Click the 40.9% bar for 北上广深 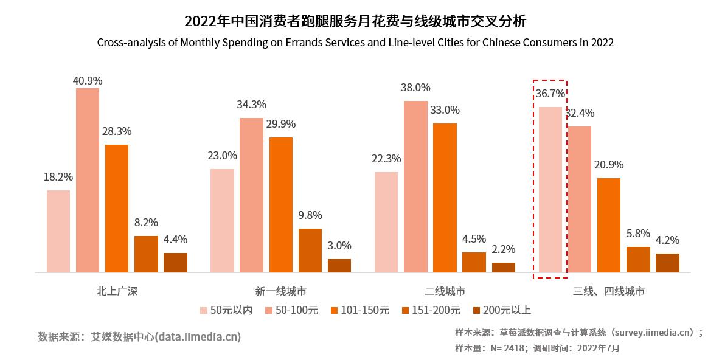(88, 180)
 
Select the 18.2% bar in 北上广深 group (58, 231)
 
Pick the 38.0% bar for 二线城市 (415, 186)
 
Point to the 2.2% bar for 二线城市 (503, 268)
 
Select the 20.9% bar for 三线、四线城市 (608, 225)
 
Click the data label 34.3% (251, 105)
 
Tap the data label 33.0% (445, 110)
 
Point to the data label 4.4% (175, 239)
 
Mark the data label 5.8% (638, 234)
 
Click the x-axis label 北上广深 (117, 291)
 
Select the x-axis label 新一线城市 (280, 291)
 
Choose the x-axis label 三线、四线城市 (608, 291)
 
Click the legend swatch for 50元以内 (204, 311)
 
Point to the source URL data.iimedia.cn (198, 336)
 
